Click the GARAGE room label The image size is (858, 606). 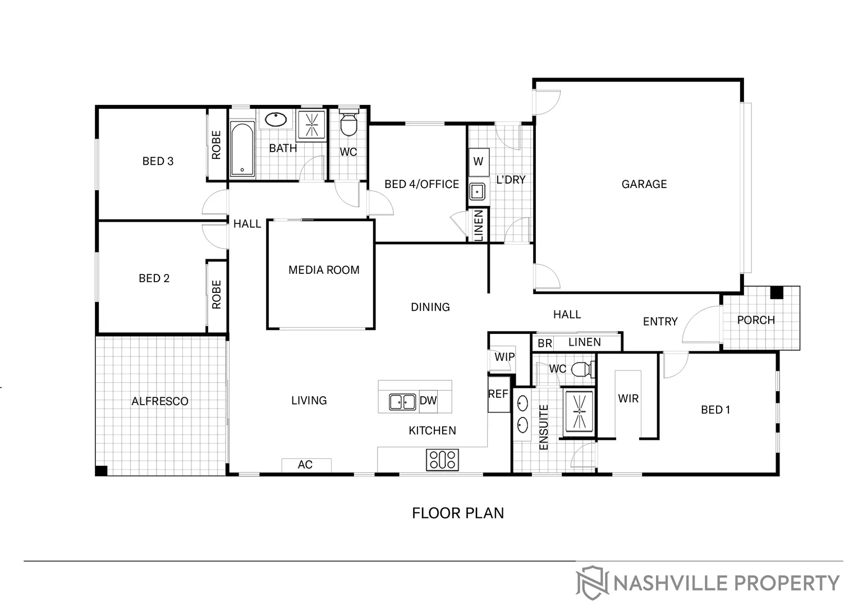(x=644, y=184)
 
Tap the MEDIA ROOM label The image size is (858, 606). (x=324, y=270)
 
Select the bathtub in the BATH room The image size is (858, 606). (x=242, y=149)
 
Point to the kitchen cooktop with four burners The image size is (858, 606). (x=443, y=460)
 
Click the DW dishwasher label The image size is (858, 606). (x=428, y=401)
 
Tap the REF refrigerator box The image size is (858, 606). (x=498, y=394)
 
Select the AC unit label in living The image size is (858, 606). (x=305, y=465)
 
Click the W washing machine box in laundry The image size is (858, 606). (x=478, y=162)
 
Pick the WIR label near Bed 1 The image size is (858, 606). (x=628, y=398)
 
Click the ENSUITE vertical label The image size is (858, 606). (x=543, y=427)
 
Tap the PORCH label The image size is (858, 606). (x=755, y=320)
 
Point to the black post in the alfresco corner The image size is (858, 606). (x=102, y=470)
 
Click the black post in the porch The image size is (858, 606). (x=776, y=292)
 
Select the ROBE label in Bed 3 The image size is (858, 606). (x=217, y=145)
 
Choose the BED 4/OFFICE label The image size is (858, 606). (x=421, y=184)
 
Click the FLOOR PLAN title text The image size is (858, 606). (x=458, y=513)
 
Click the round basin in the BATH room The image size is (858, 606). (x=276, y=120)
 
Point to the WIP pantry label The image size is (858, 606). (x=504, y=357)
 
